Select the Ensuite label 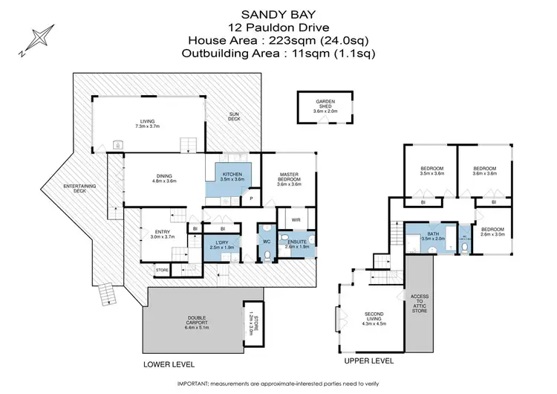[x=296, y=244]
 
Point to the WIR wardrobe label [x=295, y=220]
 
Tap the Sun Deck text [x=233, y=117]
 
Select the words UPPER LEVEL [x=369, y=361]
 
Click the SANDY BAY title [x=277, y=13]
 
